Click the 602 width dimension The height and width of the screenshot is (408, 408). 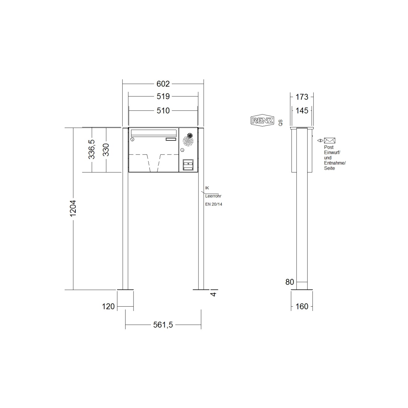[x=163, y=84]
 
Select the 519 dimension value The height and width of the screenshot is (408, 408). [x=163, y=96]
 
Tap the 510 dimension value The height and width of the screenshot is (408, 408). [x=163, y=110]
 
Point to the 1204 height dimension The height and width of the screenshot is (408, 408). [x=73, y=208]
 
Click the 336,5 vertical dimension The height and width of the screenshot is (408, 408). [x=92, y=149]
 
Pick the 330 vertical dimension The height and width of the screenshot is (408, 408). [x=106, y=150]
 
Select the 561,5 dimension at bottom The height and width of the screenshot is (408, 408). [x=163, y=325]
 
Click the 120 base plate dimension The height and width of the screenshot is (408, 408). [x=108, y=306]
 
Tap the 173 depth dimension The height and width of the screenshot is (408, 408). [x=302, y=97]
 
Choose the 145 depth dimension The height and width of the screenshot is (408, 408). [x=302, y=110]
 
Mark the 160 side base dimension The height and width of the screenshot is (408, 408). [x=302, y=306]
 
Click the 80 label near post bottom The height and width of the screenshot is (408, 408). [x=290, y=282]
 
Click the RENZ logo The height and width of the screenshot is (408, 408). [x=262, y=121]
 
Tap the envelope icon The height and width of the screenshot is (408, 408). [x=329, y=141]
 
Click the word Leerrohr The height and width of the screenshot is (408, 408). [x=213, y=196]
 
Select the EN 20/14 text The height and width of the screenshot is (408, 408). [x=214, y=204]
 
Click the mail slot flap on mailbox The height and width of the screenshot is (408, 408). [x=154, y=133]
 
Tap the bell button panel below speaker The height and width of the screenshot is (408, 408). [x=188, y=164]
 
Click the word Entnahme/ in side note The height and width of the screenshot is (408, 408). [x=335, y=163]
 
